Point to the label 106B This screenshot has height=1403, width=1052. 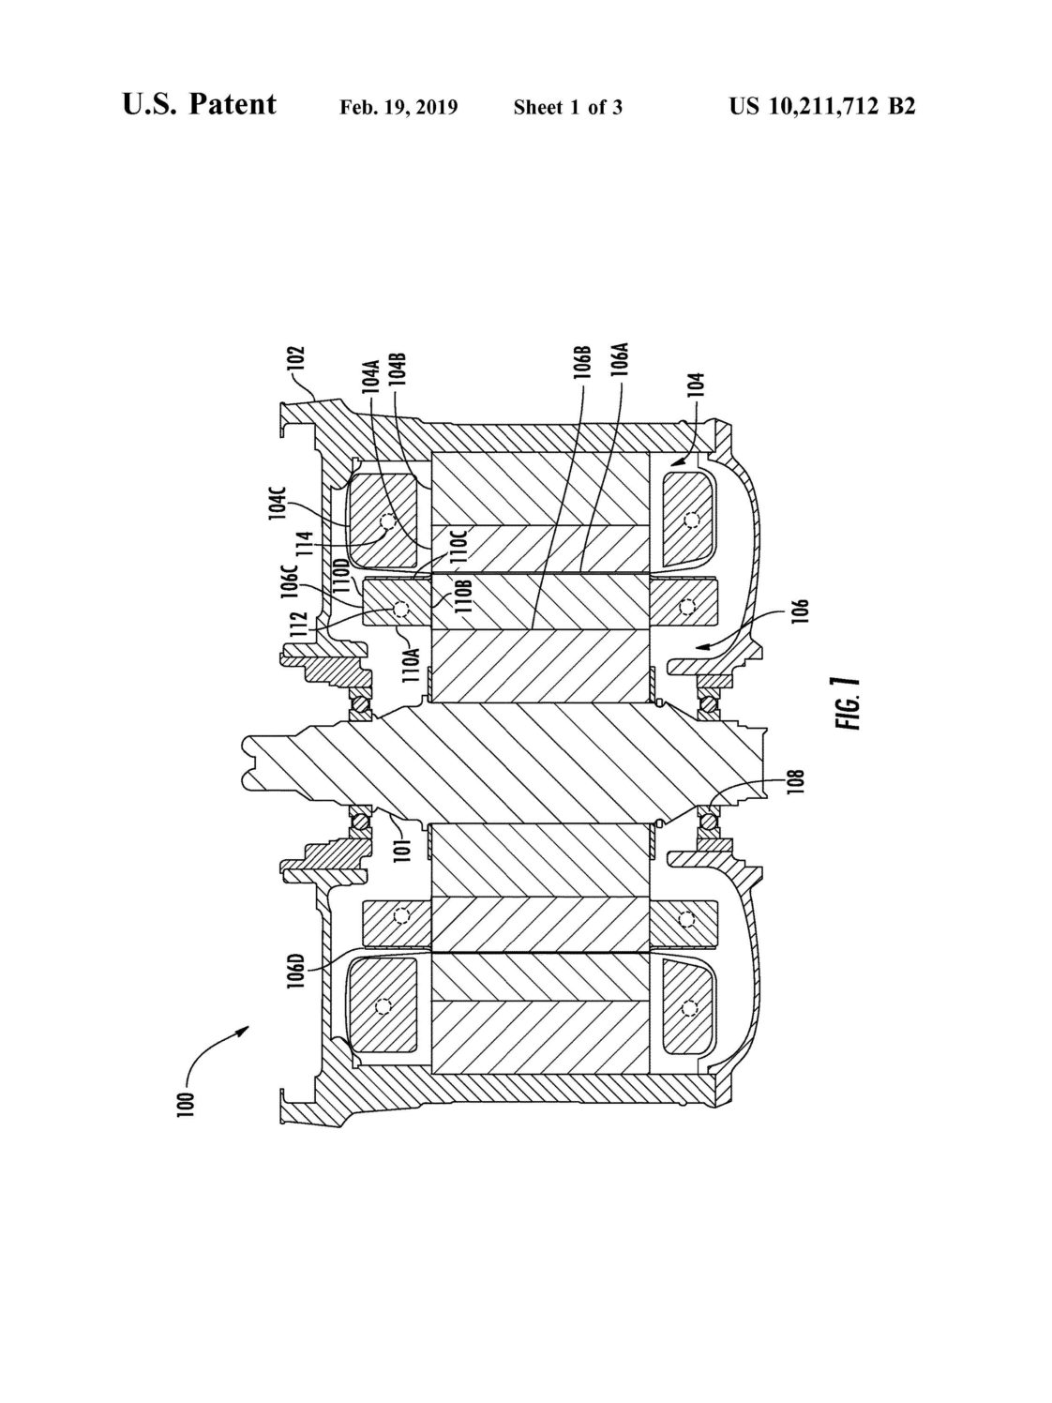click(x=583, y=363)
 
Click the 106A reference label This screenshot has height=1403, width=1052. click(x=620, y=361)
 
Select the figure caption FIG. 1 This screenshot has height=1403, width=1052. click(x=848, y=703)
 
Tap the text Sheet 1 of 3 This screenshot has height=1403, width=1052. click(x=568, y=108)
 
